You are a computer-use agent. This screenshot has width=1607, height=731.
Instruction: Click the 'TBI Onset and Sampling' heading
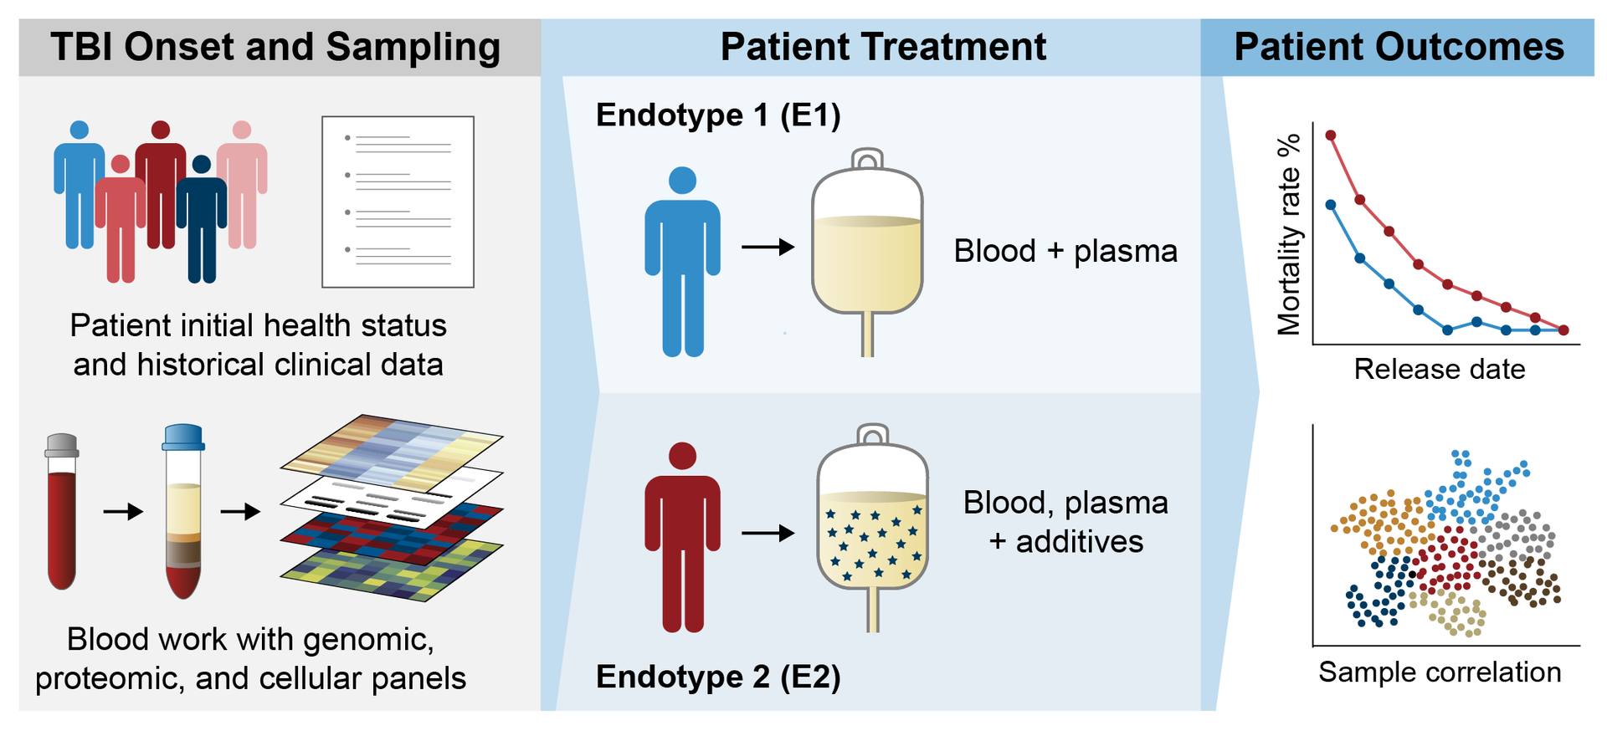[x=275, y=47]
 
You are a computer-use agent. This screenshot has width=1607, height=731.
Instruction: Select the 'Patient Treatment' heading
[x=882, y=47]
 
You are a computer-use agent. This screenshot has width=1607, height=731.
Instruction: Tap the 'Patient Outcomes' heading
[x=1399, y=47]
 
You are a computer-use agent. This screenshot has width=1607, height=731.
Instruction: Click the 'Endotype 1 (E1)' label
[x=718, y=115]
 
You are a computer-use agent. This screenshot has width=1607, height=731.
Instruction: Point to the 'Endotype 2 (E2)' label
[x=718, y=676]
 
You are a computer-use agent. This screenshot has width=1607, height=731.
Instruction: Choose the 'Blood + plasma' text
[x=1065, y=251]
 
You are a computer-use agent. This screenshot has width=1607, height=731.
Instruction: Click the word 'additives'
[x=1080, y=542]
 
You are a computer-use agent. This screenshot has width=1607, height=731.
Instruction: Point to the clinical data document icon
[x=398, y=202]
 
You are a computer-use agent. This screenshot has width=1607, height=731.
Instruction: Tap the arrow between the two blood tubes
[x=123, y=511]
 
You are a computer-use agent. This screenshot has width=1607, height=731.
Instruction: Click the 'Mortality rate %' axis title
[x=1290, y=234]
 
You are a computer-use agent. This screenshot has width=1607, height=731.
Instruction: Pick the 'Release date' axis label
[x=1439, y=369]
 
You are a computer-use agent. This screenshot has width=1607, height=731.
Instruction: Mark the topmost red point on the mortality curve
[x=1330, y=135]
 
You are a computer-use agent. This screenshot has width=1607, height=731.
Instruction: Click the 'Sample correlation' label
[x=1439, y=672]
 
